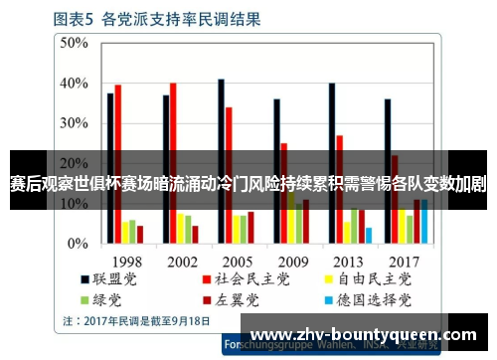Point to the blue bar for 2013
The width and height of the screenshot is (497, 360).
tap(368, 235)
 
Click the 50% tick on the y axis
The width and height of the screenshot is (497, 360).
tap(74, 43)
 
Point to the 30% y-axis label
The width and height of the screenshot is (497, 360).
tap(74, 123)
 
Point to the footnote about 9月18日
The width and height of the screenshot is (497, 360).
tap(136, 320)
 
